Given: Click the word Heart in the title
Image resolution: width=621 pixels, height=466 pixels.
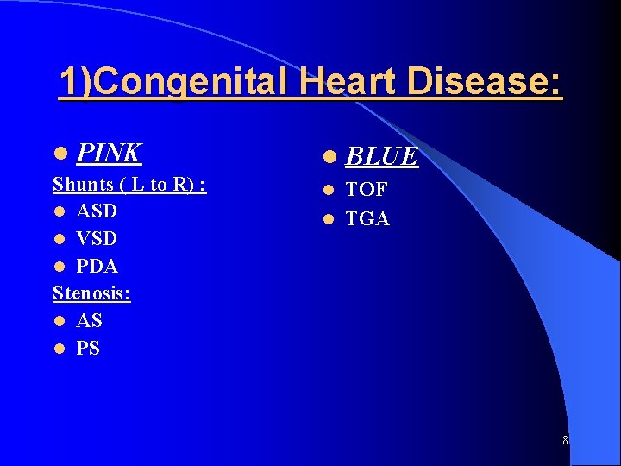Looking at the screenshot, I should tap(356, 82).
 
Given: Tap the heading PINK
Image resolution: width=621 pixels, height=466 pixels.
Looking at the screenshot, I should tap(109, 153).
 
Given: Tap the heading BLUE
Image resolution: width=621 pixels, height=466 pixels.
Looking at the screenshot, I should tap(382, 156).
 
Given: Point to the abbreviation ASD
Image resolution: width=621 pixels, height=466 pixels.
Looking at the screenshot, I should tap(97, 211).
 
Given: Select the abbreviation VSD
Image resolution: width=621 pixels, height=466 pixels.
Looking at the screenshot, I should tap(97, 238).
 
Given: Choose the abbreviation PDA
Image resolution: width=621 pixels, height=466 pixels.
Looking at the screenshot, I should tap(97, 266).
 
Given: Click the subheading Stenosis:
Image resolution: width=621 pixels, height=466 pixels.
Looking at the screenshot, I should tap(91, 293).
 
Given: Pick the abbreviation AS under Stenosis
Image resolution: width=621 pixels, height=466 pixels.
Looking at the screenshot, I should tap(89, 321).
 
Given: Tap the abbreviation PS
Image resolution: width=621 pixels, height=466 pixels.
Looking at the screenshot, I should tap(88, 349).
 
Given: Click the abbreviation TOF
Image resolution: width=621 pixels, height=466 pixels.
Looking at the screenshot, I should tap(367, 190).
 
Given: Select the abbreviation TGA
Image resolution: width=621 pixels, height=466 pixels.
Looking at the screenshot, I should tap(367, 219).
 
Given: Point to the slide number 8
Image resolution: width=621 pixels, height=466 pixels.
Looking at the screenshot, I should tap(565, 440).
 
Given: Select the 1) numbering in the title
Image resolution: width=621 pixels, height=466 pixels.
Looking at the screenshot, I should tap(74, 83).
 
